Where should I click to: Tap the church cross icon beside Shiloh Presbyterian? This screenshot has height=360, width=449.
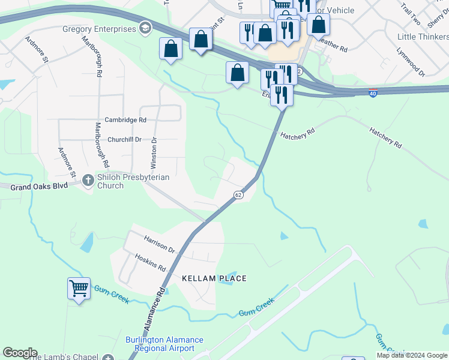(x=88, y=179)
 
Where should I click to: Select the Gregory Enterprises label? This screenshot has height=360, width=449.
(x=99, y=29)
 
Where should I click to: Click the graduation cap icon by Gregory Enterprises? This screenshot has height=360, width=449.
(x=145, y=28)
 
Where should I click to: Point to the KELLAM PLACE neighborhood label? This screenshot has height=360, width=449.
(x=214, y=278)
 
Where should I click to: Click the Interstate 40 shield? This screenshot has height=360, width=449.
(x=373, y=94)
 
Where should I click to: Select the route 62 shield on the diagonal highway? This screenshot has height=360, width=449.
(x=238, y=195)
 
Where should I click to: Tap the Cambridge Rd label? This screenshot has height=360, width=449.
(x=125, y=120)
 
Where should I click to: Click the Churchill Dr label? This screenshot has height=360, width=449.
(x=124, y=139)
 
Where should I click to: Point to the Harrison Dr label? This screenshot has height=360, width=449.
(x=159, y=244)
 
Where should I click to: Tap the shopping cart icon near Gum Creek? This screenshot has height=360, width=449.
(x=79, y=289)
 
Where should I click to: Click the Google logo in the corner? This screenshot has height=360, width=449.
(x=20, y=353)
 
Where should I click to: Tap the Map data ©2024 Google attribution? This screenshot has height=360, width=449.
(x=412, y=355)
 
